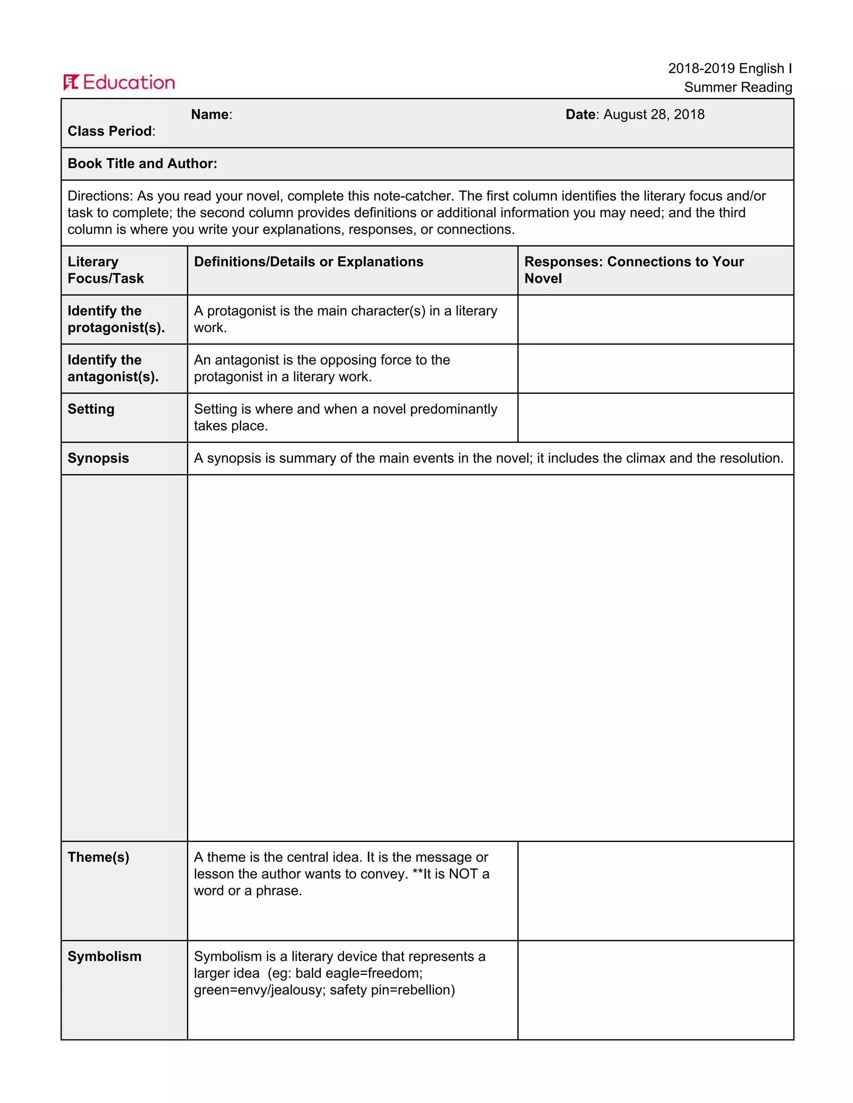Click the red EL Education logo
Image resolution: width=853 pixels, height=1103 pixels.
(119, 82)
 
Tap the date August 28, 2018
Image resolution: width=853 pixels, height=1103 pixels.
(653, 114)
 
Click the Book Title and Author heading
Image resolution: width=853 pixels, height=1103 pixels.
(142, 164)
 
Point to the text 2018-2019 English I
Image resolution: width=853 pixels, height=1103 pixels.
(729, 69)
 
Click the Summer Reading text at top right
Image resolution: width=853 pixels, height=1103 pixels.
(737, 87)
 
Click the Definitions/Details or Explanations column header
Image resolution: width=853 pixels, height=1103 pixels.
(308, 262)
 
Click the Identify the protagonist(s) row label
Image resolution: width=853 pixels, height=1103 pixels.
(116, 319)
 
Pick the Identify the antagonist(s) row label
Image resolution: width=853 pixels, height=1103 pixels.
(113, 368)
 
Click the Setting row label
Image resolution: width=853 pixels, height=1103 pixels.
(91, 409)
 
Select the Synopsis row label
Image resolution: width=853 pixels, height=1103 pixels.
(98, 458)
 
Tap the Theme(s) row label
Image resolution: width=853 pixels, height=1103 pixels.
(98, 857)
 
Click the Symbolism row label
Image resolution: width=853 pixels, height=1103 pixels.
(104, 956)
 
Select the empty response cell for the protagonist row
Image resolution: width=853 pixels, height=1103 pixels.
(656, 319)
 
